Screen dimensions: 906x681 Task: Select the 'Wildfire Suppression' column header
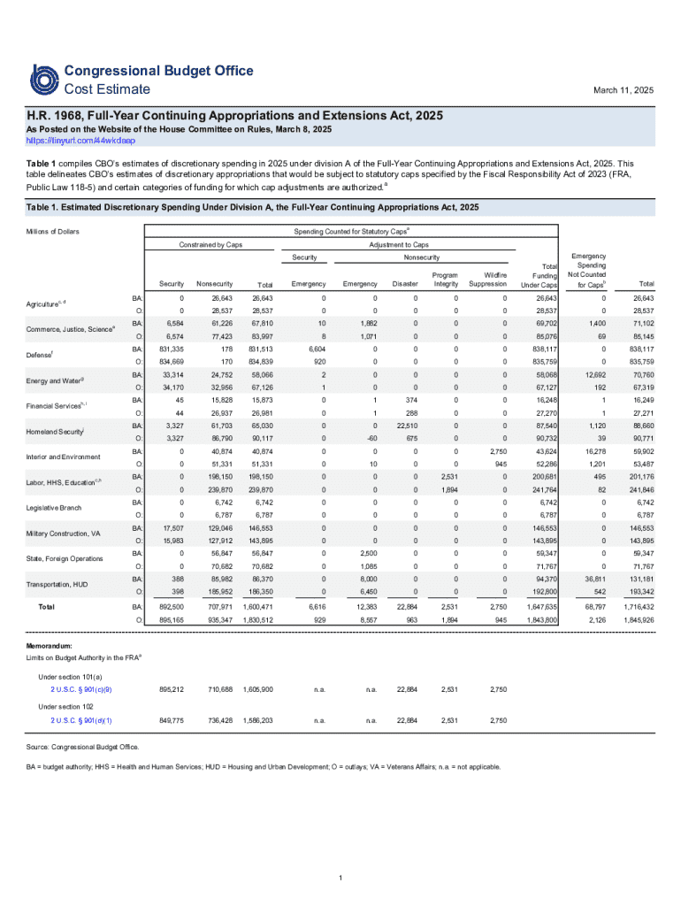click(x=488, y=280)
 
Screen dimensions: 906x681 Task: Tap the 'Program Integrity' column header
click(x=446, y=280)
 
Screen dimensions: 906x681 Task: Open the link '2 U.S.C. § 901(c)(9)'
click(x=81, y=688)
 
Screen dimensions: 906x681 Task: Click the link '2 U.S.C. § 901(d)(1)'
click(x=81, y=720)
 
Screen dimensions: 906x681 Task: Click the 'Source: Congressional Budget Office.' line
click(x=83, y=748)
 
